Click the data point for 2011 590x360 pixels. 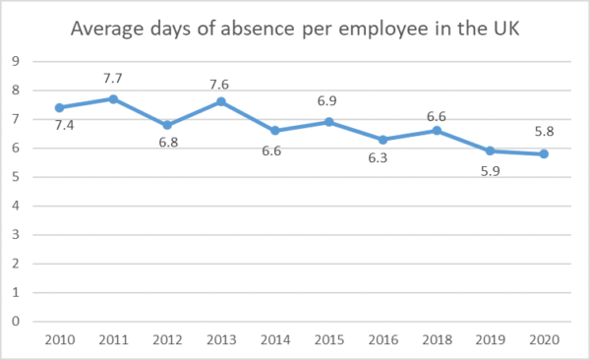point(113,99)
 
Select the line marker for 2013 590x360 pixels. point(221,101)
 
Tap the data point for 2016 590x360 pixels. point(383,140)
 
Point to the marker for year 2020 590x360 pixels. point(544,154)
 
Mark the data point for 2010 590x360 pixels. point(59,107)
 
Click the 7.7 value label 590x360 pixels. point(113,78)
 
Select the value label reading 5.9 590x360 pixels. point(490,171)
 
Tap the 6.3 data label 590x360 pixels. point(383,159)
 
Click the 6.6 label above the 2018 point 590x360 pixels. point(437,116)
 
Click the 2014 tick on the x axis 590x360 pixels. point(274,338)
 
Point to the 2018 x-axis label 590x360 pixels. point(437,338)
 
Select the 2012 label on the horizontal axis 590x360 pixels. point(167,338)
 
